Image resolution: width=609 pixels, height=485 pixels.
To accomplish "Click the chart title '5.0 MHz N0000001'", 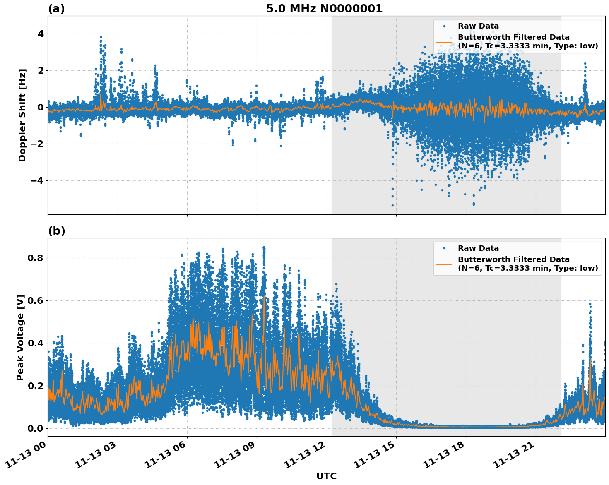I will [x=324, y=9].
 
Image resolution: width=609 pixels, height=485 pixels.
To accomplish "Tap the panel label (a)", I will [x=56, y=9].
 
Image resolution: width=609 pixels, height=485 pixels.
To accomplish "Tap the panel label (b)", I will [x=56, y=231].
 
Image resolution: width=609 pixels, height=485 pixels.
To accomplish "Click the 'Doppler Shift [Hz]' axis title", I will [x=22, y=115].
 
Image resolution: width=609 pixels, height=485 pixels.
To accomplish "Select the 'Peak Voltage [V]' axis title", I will [x=20, y=337].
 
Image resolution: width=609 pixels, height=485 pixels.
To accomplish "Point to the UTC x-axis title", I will [x=326, y=476].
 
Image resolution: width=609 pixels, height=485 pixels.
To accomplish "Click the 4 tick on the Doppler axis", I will [x=41, y=34].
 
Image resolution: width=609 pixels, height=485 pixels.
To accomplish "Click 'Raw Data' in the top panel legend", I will [x=478, y=26].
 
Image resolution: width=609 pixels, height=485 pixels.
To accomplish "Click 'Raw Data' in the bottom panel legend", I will [x=478, y=248].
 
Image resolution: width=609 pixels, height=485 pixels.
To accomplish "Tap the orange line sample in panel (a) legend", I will [x=444, y=42].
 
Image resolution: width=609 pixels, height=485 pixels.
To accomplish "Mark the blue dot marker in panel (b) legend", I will [x=444, y=248].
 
